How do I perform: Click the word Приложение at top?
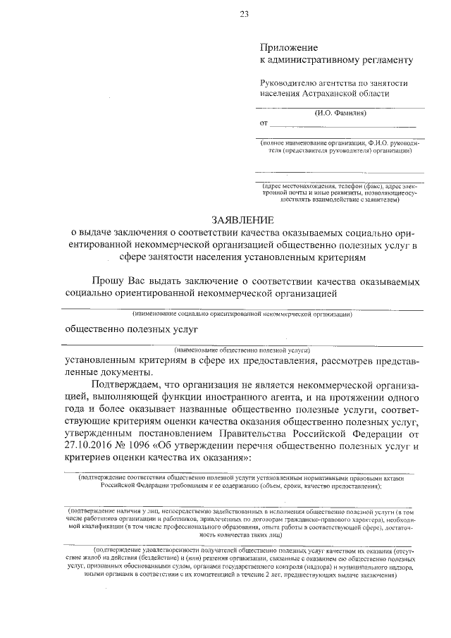pyautogui.click(x=285, y=47)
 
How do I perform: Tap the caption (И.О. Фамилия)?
pyautogui.click(x=340, y=113)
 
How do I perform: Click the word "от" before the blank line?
pyautogui.click(x=265, y=124)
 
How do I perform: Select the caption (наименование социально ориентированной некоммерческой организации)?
pyautogui.click(x=242, y=314)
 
